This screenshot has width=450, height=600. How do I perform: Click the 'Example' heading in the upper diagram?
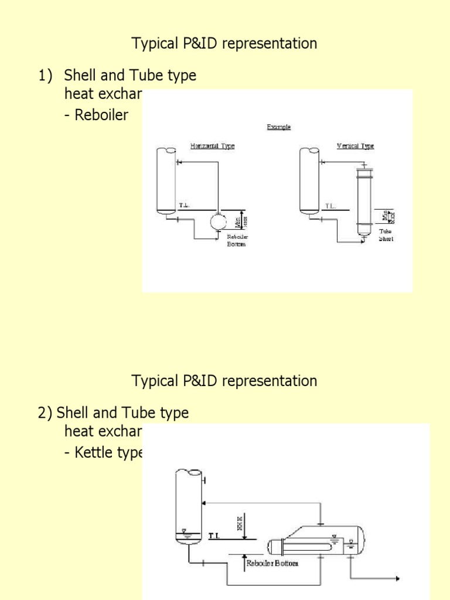279,127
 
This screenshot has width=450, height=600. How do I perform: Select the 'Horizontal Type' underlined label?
212,146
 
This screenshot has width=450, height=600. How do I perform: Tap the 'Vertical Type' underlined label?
355,146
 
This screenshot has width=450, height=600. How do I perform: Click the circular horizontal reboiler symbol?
219,221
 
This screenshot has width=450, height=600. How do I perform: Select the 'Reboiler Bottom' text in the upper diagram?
238,240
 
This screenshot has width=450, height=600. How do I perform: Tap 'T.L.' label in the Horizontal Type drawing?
185,206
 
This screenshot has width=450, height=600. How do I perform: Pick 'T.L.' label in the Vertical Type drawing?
330,206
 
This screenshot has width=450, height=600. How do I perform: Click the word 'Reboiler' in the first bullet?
101,115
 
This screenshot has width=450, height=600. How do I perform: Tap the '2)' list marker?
46,413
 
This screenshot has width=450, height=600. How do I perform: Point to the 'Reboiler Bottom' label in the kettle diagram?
272,563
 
